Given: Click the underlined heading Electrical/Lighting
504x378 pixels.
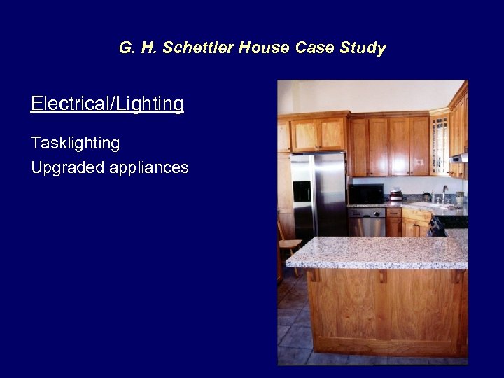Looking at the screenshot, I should coord(107,104).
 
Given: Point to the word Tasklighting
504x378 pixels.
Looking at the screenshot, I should coord(75,143).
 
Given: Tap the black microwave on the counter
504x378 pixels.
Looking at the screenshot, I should coord(365,193).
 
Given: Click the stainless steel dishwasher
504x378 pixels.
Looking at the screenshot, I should coord(367,223).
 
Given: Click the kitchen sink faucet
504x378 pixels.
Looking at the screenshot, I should coord(444,192).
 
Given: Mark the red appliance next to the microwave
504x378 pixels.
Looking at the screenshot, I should coord(396,194).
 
